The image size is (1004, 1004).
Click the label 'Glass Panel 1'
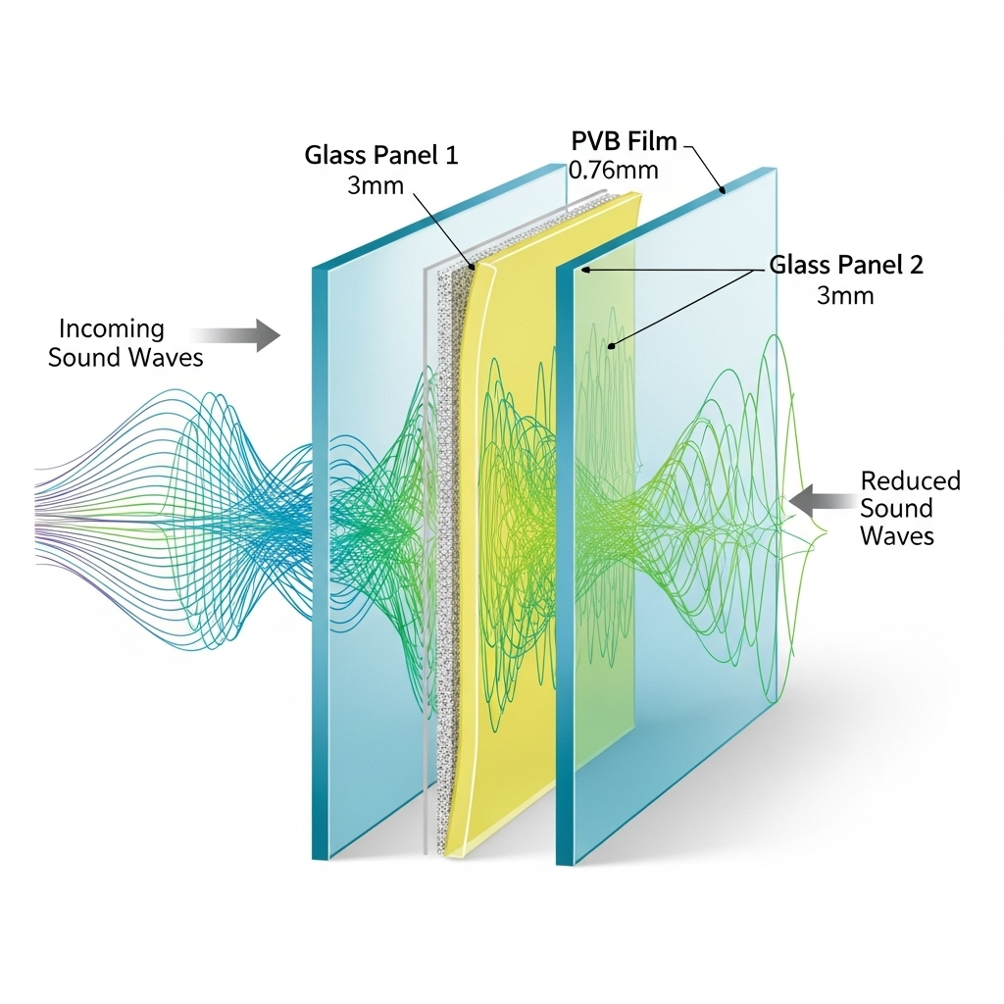[x=380, y=155]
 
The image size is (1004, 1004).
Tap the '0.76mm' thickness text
[x=614, y=170]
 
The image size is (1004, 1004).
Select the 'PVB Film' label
[x=624, y=141]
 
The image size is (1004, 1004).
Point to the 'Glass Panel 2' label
[x=845, y=265]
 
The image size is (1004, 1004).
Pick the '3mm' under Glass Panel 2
[x=844, y=294]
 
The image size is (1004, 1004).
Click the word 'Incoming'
[x=112, y=328]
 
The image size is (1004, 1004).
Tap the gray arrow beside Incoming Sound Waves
[x=245, y=334]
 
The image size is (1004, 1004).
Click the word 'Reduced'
[x=910, y=480]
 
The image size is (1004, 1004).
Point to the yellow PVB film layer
[x=510, y=549]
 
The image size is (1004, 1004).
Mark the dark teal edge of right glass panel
[x=566, y=569]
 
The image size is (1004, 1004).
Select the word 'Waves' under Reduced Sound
[x=896, y=535]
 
